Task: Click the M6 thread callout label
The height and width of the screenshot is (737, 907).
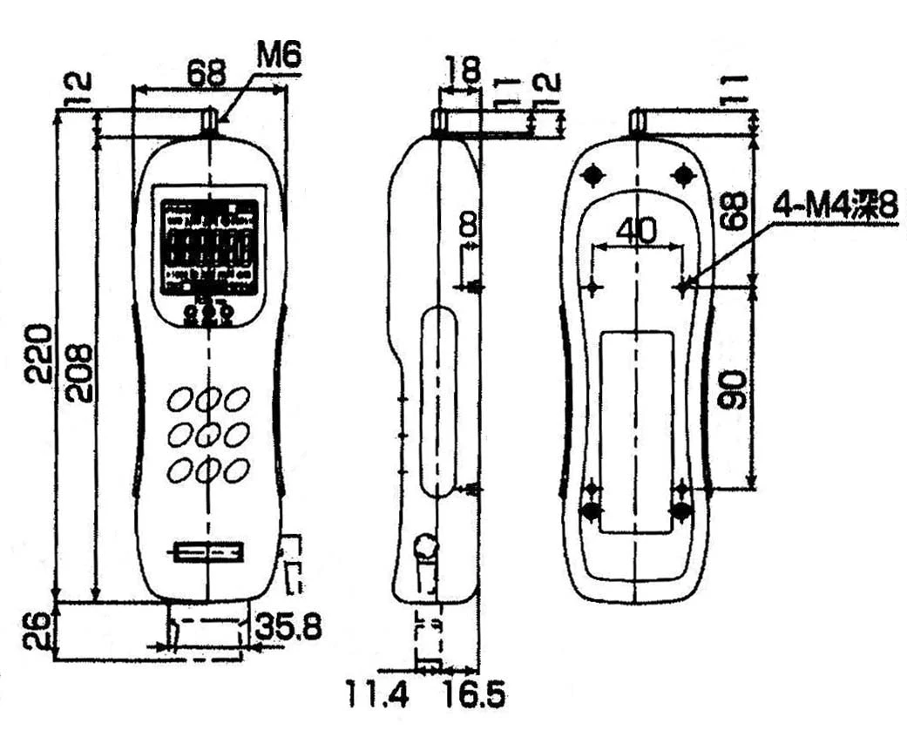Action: click(x=279, y=57)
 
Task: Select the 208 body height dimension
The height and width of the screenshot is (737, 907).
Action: click(x=80, y=371)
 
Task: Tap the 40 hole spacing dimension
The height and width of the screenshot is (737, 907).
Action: click(x=636, y=230)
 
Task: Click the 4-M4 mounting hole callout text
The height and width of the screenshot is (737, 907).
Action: click(x=834, y=207)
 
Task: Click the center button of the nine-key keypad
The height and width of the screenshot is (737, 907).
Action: click(x=208, y=434)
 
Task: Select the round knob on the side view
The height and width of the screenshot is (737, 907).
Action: click(x=427, y=546)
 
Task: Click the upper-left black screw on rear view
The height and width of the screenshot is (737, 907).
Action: click(x=592, y=175)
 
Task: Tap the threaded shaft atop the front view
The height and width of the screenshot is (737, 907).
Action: click(x=209, y=121)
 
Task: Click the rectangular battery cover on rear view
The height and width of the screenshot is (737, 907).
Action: click(x=637, y=431)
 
